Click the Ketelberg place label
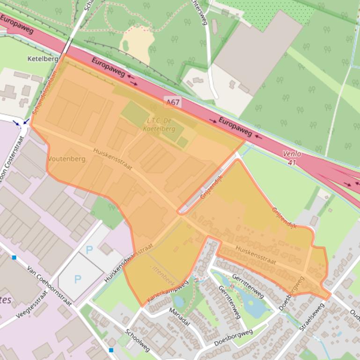click(43, 59)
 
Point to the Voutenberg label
click(67, 159)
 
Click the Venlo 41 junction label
click(292, 158)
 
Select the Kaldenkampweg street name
click(167, 291)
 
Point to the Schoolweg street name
click(137, 340)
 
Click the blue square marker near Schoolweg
click(111, 350)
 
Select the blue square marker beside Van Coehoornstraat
click(14, 257)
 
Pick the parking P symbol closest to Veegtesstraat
click(78, 279)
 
